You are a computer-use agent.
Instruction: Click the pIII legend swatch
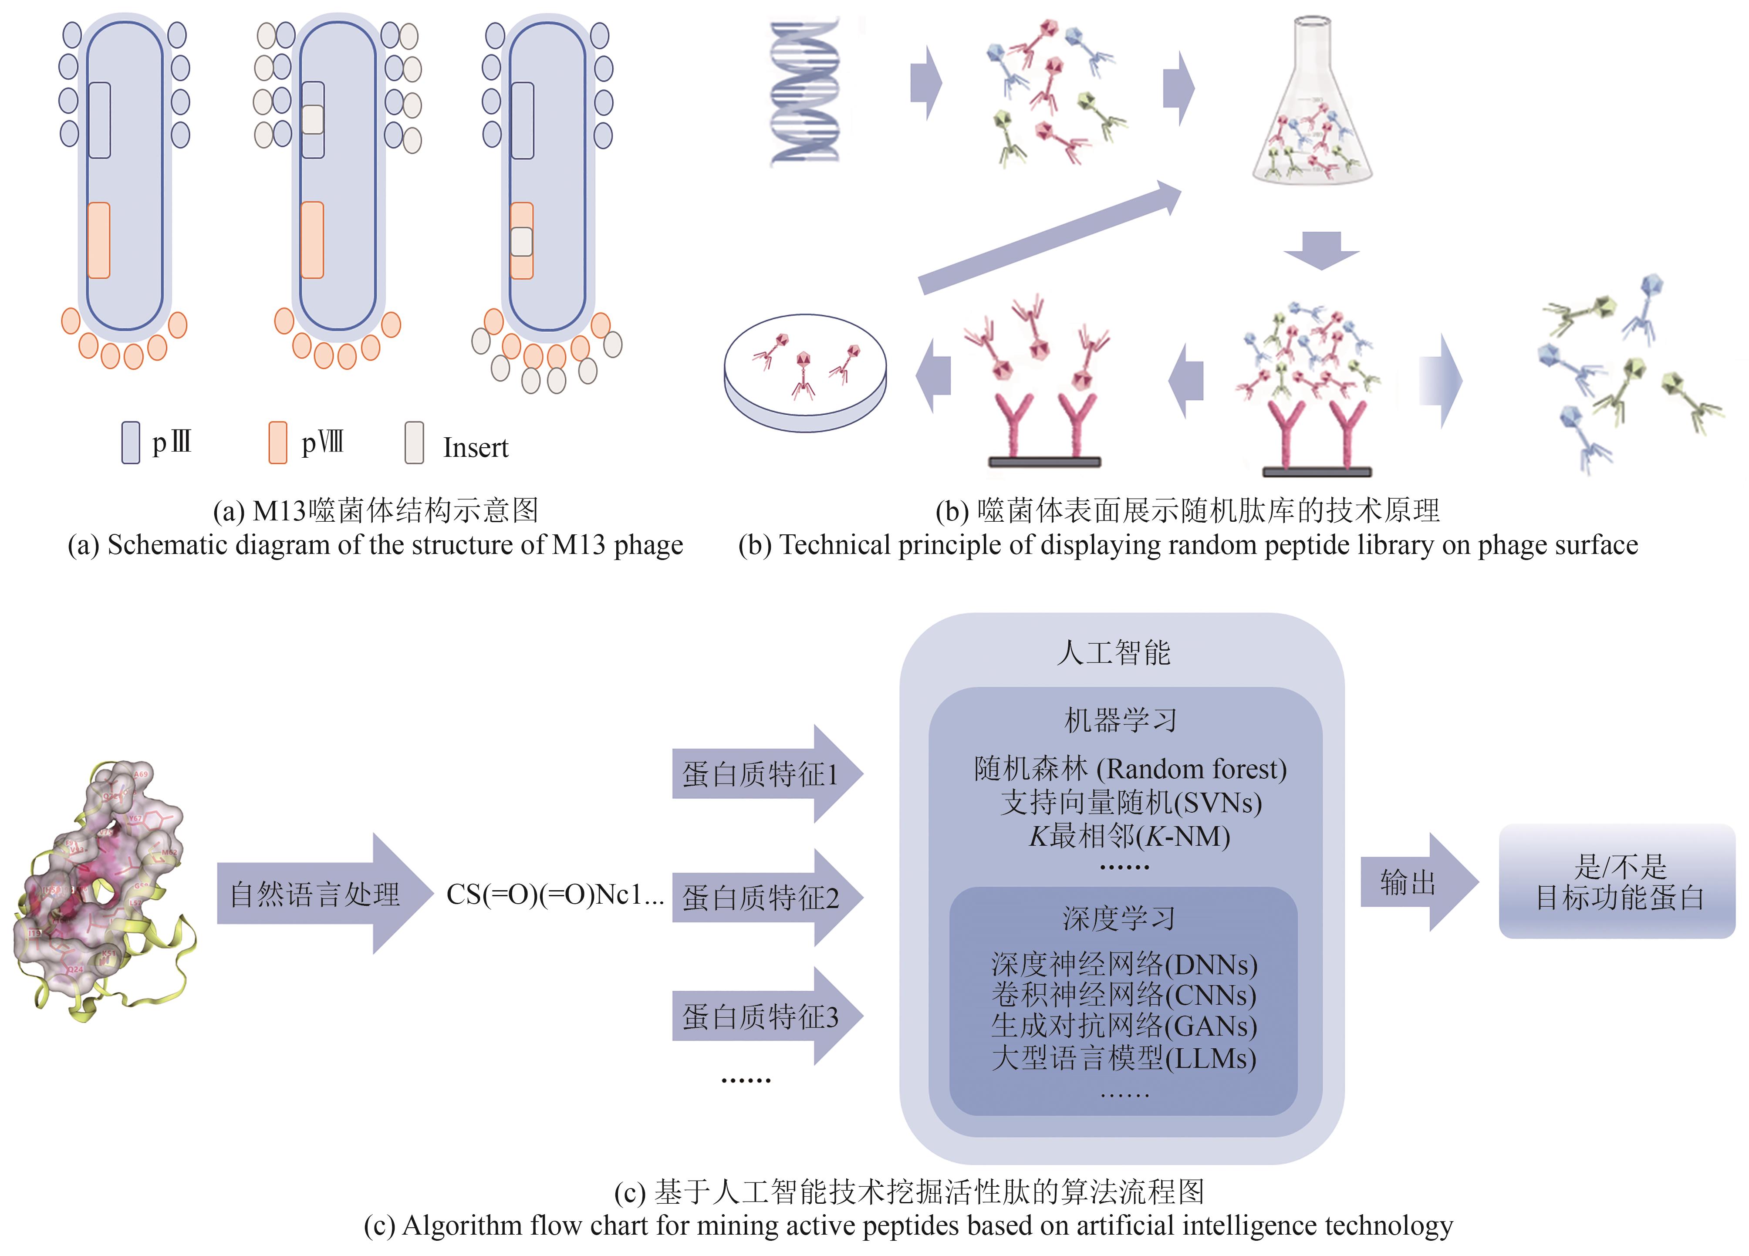point(130,442)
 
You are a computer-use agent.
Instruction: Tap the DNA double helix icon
point(804,92)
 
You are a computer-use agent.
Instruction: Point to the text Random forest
point(1192,769)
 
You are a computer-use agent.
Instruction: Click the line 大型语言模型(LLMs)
point(1124,1058)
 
